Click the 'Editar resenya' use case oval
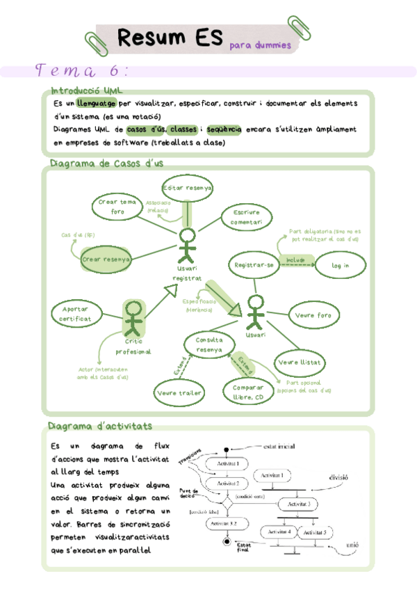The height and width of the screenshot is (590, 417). pos(187,188)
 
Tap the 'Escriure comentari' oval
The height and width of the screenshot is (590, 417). pos(247,217)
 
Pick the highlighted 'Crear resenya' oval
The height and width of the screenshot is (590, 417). pos(106,259)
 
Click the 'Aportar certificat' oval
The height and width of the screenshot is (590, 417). pos(75,314)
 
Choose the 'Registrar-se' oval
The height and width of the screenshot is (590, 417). pos(254,265)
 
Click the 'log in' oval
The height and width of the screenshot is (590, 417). pos(340,265)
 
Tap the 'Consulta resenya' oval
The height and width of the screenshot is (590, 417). pos(208,344)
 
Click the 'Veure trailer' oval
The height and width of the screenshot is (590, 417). pos(179,393)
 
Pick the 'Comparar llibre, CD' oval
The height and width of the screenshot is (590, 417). pos(248,392)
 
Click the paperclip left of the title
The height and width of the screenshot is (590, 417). pos(93,41)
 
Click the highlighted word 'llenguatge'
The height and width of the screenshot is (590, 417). pos(97,103)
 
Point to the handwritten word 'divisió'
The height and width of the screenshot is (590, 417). pos(338,477)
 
